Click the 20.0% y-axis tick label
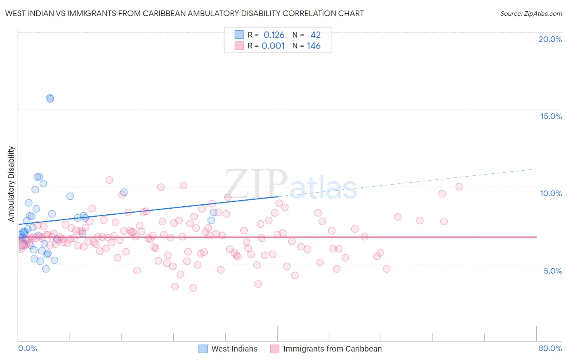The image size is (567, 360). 550,39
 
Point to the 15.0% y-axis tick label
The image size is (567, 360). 551,116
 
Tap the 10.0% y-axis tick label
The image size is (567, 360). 551,193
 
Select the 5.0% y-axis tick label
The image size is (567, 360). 552,271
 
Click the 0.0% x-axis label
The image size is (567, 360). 27,348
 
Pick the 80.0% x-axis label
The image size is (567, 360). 550,348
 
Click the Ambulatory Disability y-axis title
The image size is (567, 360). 11,184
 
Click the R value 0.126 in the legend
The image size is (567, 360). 274,35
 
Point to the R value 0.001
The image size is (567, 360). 273,46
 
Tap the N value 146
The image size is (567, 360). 313,46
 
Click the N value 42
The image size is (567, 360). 315,35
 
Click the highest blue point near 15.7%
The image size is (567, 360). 50,98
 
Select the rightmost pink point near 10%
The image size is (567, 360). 459,186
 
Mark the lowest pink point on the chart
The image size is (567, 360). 193,288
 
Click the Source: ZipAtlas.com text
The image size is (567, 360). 531,14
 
